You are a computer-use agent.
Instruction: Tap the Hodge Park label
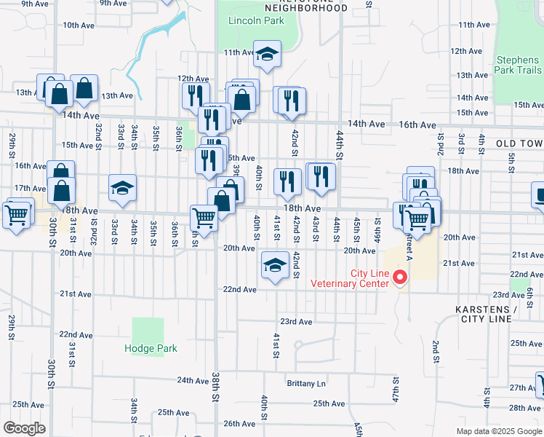coord(151,348)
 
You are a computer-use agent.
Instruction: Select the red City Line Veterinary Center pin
coord(399,277)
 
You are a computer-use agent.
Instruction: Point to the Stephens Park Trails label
coord(518,65)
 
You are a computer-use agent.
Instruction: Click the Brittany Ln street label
coord(306,384)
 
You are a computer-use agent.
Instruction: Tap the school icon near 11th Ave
coord(267,55)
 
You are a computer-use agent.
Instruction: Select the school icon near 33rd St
coord(123,189)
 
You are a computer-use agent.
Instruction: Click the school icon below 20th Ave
coord(274,266)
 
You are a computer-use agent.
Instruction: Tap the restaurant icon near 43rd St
coord(321,176)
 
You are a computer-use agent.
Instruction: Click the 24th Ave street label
coord(192,380)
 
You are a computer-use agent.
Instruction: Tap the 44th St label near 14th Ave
coord(340,145)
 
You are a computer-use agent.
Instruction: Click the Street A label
coord(409,237)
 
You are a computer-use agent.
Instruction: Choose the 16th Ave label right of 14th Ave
coord(417,125)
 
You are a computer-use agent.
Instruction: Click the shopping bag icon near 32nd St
coord(84,88)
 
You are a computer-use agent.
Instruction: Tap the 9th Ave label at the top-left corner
coord(34,4)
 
